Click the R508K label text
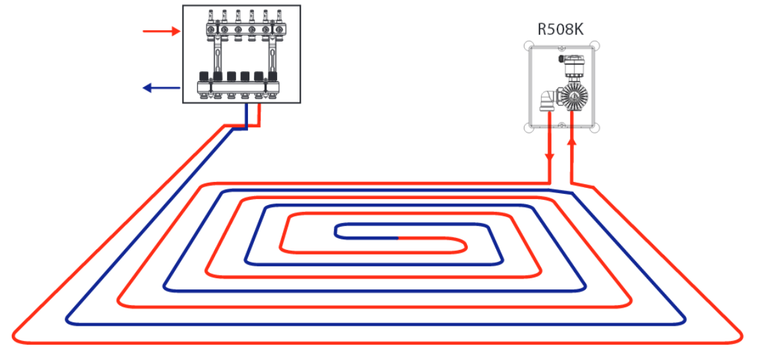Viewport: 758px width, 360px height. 562,30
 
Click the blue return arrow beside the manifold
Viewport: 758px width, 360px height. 162,88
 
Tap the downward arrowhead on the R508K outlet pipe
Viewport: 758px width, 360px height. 550,159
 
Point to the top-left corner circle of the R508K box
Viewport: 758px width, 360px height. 528,46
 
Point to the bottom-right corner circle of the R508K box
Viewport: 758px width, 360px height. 596,128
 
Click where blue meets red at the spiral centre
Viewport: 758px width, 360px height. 398,237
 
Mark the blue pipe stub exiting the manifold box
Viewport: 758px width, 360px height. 246,115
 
